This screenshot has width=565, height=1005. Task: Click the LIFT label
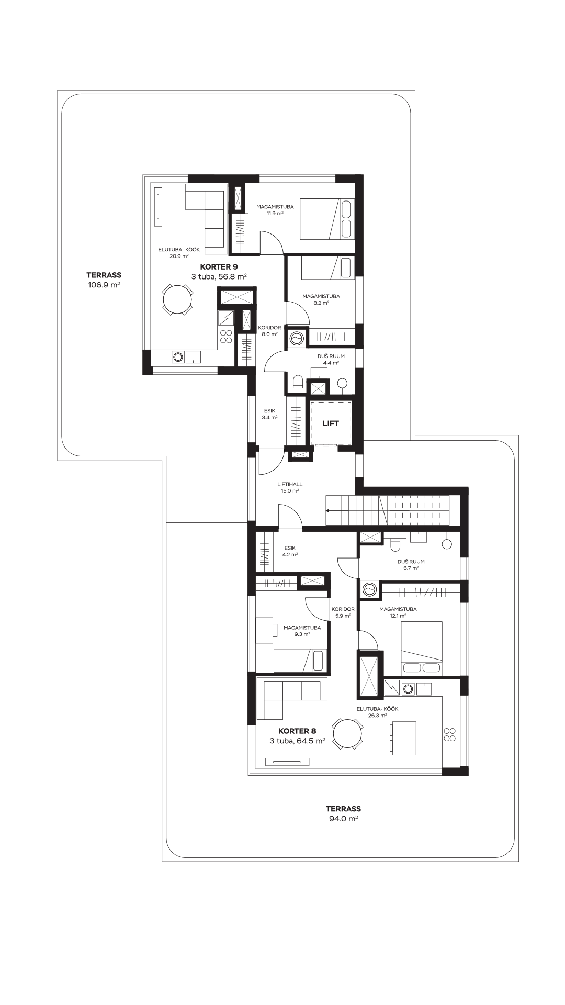point(330,423)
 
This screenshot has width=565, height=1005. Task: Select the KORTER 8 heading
point(297,731)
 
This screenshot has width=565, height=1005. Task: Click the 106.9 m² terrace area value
point(104,285)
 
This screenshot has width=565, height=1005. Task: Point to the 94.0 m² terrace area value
point(343,819)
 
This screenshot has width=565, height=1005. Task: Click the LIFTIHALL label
point(289,484)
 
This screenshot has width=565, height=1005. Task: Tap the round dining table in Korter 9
point(177,300)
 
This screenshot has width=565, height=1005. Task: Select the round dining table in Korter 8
point(348,734)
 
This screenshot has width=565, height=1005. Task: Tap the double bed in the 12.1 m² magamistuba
point(421,649)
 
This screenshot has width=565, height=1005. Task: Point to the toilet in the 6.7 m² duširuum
point(396,544)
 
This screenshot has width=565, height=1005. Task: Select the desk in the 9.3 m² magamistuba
point(266,630)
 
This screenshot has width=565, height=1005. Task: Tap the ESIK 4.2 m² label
point(290,551)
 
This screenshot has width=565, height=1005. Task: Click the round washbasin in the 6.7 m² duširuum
point(447,544)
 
